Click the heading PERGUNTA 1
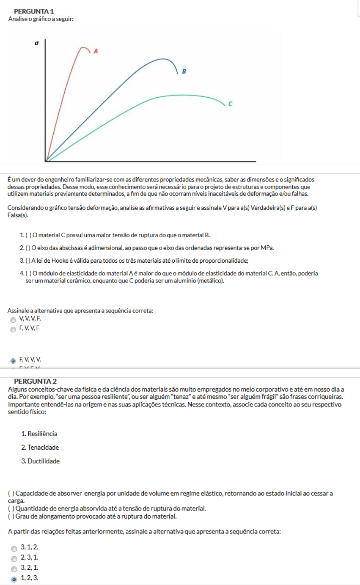[x=33, y=11]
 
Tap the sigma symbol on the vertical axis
[x=37, y=43]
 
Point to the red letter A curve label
[x=96, y=51]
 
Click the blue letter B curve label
[x=184, y=71]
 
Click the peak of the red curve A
[x=84, y=46]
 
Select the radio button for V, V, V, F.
[x=14, y=320]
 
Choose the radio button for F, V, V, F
[x=14, y=329]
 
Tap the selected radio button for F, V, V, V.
[x=14, y=361]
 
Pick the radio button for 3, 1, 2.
[x=14, y=548]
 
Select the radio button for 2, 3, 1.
[x=14, y=558]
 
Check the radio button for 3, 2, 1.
[x=14, y=569]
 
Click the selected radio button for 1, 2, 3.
[x=14, y=579]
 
